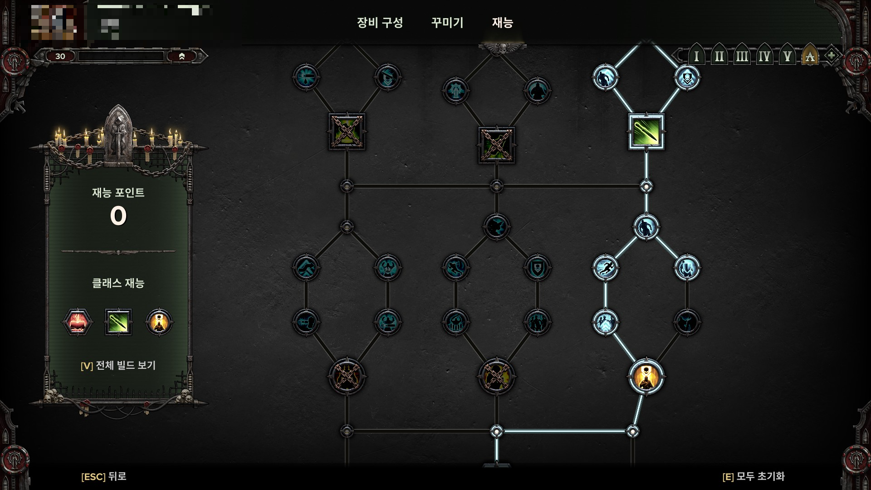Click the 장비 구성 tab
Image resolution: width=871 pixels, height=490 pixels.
[x=380, y=23]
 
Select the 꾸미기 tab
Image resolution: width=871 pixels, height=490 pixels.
[x=447, y=23]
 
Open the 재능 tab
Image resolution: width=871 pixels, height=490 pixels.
[x=502, y=23]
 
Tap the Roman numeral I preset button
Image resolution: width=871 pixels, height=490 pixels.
[x=696, y=57]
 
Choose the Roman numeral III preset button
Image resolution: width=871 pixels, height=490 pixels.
[x=742, y=57]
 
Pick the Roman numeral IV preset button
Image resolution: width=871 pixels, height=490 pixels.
[x=764, y=57]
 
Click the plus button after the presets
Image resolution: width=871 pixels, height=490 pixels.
[x=831, y=56]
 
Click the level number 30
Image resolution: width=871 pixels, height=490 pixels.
[x=60, y=56]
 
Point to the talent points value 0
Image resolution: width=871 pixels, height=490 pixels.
[x=118, y=216]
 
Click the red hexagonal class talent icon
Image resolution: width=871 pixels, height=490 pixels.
[x=78, y=322]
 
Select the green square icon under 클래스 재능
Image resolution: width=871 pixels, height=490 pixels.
[x=118, y=322]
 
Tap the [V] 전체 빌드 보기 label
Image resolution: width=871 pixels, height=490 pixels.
[x=118, y=366]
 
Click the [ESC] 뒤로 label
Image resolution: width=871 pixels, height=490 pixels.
[x=104, y=476]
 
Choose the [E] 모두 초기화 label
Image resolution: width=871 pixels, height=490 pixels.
[x=753, y=476]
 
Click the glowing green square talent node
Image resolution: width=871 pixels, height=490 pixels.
[x=646, y=132]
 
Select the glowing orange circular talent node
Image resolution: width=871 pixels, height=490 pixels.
[x=646, y=377]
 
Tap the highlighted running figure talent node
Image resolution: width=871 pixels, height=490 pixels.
[x=606, y=268]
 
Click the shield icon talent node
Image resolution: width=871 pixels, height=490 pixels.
[x=538, y=268]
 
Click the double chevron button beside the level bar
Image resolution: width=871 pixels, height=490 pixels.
[x=181, y=56]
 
